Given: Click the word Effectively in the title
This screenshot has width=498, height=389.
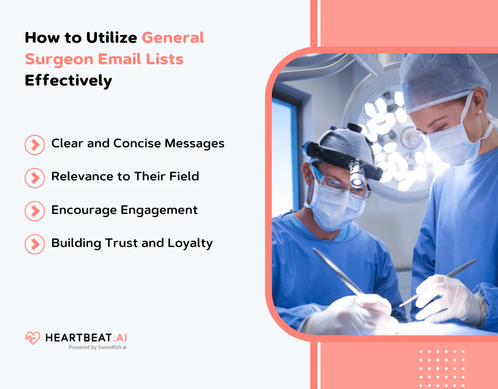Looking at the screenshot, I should (x=68, y=80).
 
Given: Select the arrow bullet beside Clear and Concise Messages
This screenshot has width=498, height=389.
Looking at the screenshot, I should (x=35, y=144).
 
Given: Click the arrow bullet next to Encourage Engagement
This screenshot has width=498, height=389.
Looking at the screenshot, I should (x=35, y=211).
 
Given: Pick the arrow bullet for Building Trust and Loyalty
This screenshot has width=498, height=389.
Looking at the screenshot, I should (x=35, y=244).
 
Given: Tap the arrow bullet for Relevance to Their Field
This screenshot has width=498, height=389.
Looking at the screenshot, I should (x=35, y=177).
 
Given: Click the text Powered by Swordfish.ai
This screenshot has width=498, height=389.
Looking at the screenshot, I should (x=97, y=348).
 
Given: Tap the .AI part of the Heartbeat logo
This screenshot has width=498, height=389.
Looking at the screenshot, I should (x=120, y=337).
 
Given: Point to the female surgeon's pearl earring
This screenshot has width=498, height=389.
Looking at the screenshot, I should (x=480, y=112).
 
